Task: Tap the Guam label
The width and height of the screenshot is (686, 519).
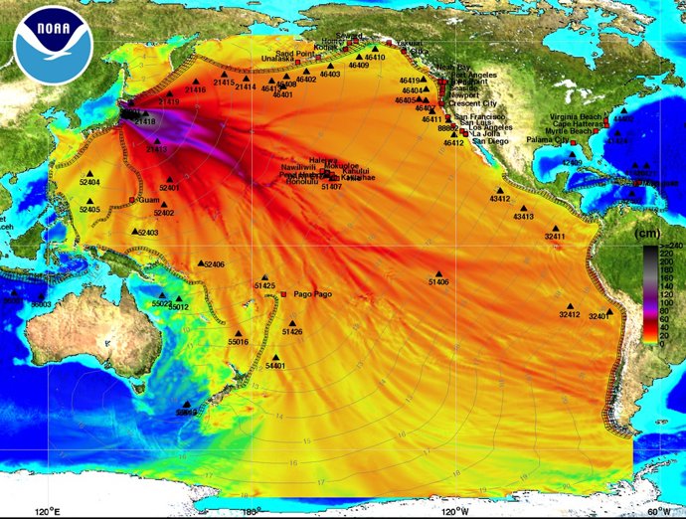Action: [149, 200]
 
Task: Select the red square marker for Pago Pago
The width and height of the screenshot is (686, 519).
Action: [284, 295]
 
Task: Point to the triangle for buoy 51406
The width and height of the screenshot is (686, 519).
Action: [438, 273]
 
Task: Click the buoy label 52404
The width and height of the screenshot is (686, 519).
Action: [89, 183]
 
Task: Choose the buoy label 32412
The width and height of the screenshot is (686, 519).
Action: [569, 314]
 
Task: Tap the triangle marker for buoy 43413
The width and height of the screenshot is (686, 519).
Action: [523, 208]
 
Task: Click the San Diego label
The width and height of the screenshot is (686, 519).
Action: [489, 141]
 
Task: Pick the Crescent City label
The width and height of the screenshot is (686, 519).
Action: [472, 103]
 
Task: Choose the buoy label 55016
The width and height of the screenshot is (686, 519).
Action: [238, 341]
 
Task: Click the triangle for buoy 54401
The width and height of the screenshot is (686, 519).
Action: [275, 358]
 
